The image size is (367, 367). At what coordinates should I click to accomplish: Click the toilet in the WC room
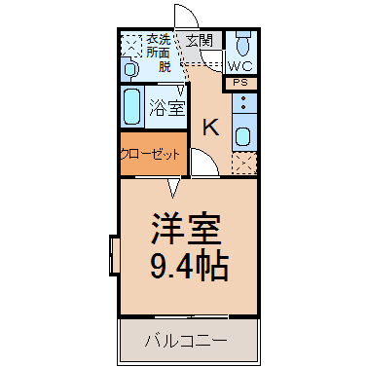coord(242,44)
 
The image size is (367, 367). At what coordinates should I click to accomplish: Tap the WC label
coord(240,66)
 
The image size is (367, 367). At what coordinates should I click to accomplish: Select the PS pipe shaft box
coord(240,83)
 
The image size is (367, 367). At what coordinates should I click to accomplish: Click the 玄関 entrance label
coord(200,41)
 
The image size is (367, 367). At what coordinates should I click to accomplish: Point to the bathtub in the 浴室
coord(132,106)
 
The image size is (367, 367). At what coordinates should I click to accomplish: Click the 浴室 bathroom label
coord(167,108)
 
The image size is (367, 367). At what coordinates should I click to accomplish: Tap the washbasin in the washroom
coord(130,69)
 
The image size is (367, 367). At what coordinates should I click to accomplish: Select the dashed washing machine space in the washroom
coord(131,47)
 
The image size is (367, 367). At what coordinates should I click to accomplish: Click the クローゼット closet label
coord(150,154)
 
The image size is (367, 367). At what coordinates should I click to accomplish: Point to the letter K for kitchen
coord(211,127)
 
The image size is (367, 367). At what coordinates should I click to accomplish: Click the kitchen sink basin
coord(242,136)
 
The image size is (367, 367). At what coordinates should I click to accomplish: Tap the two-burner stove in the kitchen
coord(244,102)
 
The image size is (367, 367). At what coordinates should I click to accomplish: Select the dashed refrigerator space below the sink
coord(244,164)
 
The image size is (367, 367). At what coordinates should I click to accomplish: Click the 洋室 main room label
coord(186,229)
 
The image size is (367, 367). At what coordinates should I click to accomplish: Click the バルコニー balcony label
coord(186,341)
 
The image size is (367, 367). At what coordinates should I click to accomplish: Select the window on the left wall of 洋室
coord(114,256)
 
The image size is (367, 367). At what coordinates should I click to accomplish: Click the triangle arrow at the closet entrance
coord(173,188)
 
